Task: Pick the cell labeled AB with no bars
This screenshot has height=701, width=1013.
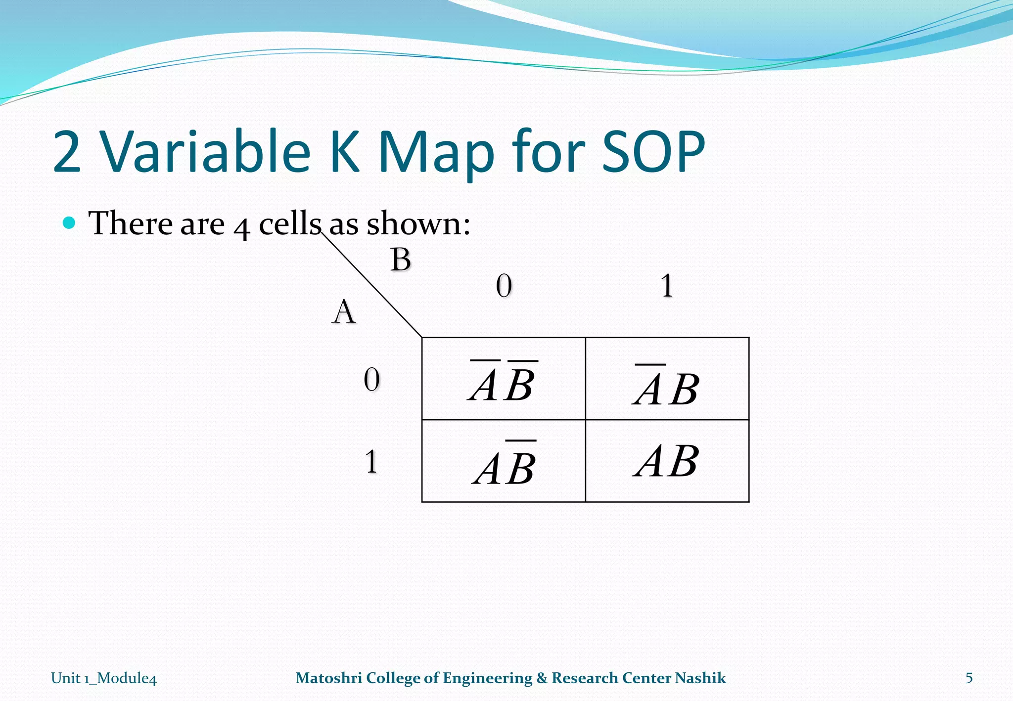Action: point(667,461)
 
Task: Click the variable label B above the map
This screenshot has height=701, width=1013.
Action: point(400,260)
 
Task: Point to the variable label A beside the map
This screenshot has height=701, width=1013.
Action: point(344,312)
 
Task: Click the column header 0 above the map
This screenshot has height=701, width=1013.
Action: point(504,286)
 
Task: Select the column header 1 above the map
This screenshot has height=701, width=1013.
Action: point(667,286)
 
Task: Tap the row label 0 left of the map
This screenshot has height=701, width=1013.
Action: point(371,380)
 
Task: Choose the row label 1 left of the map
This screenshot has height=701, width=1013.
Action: point(371,462)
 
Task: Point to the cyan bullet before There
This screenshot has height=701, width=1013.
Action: point(69,223)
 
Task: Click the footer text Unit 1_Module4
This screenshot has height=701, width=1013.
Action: point(104,678)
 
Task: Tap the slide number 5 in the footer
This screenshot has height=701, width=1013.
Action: point(969,678)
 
